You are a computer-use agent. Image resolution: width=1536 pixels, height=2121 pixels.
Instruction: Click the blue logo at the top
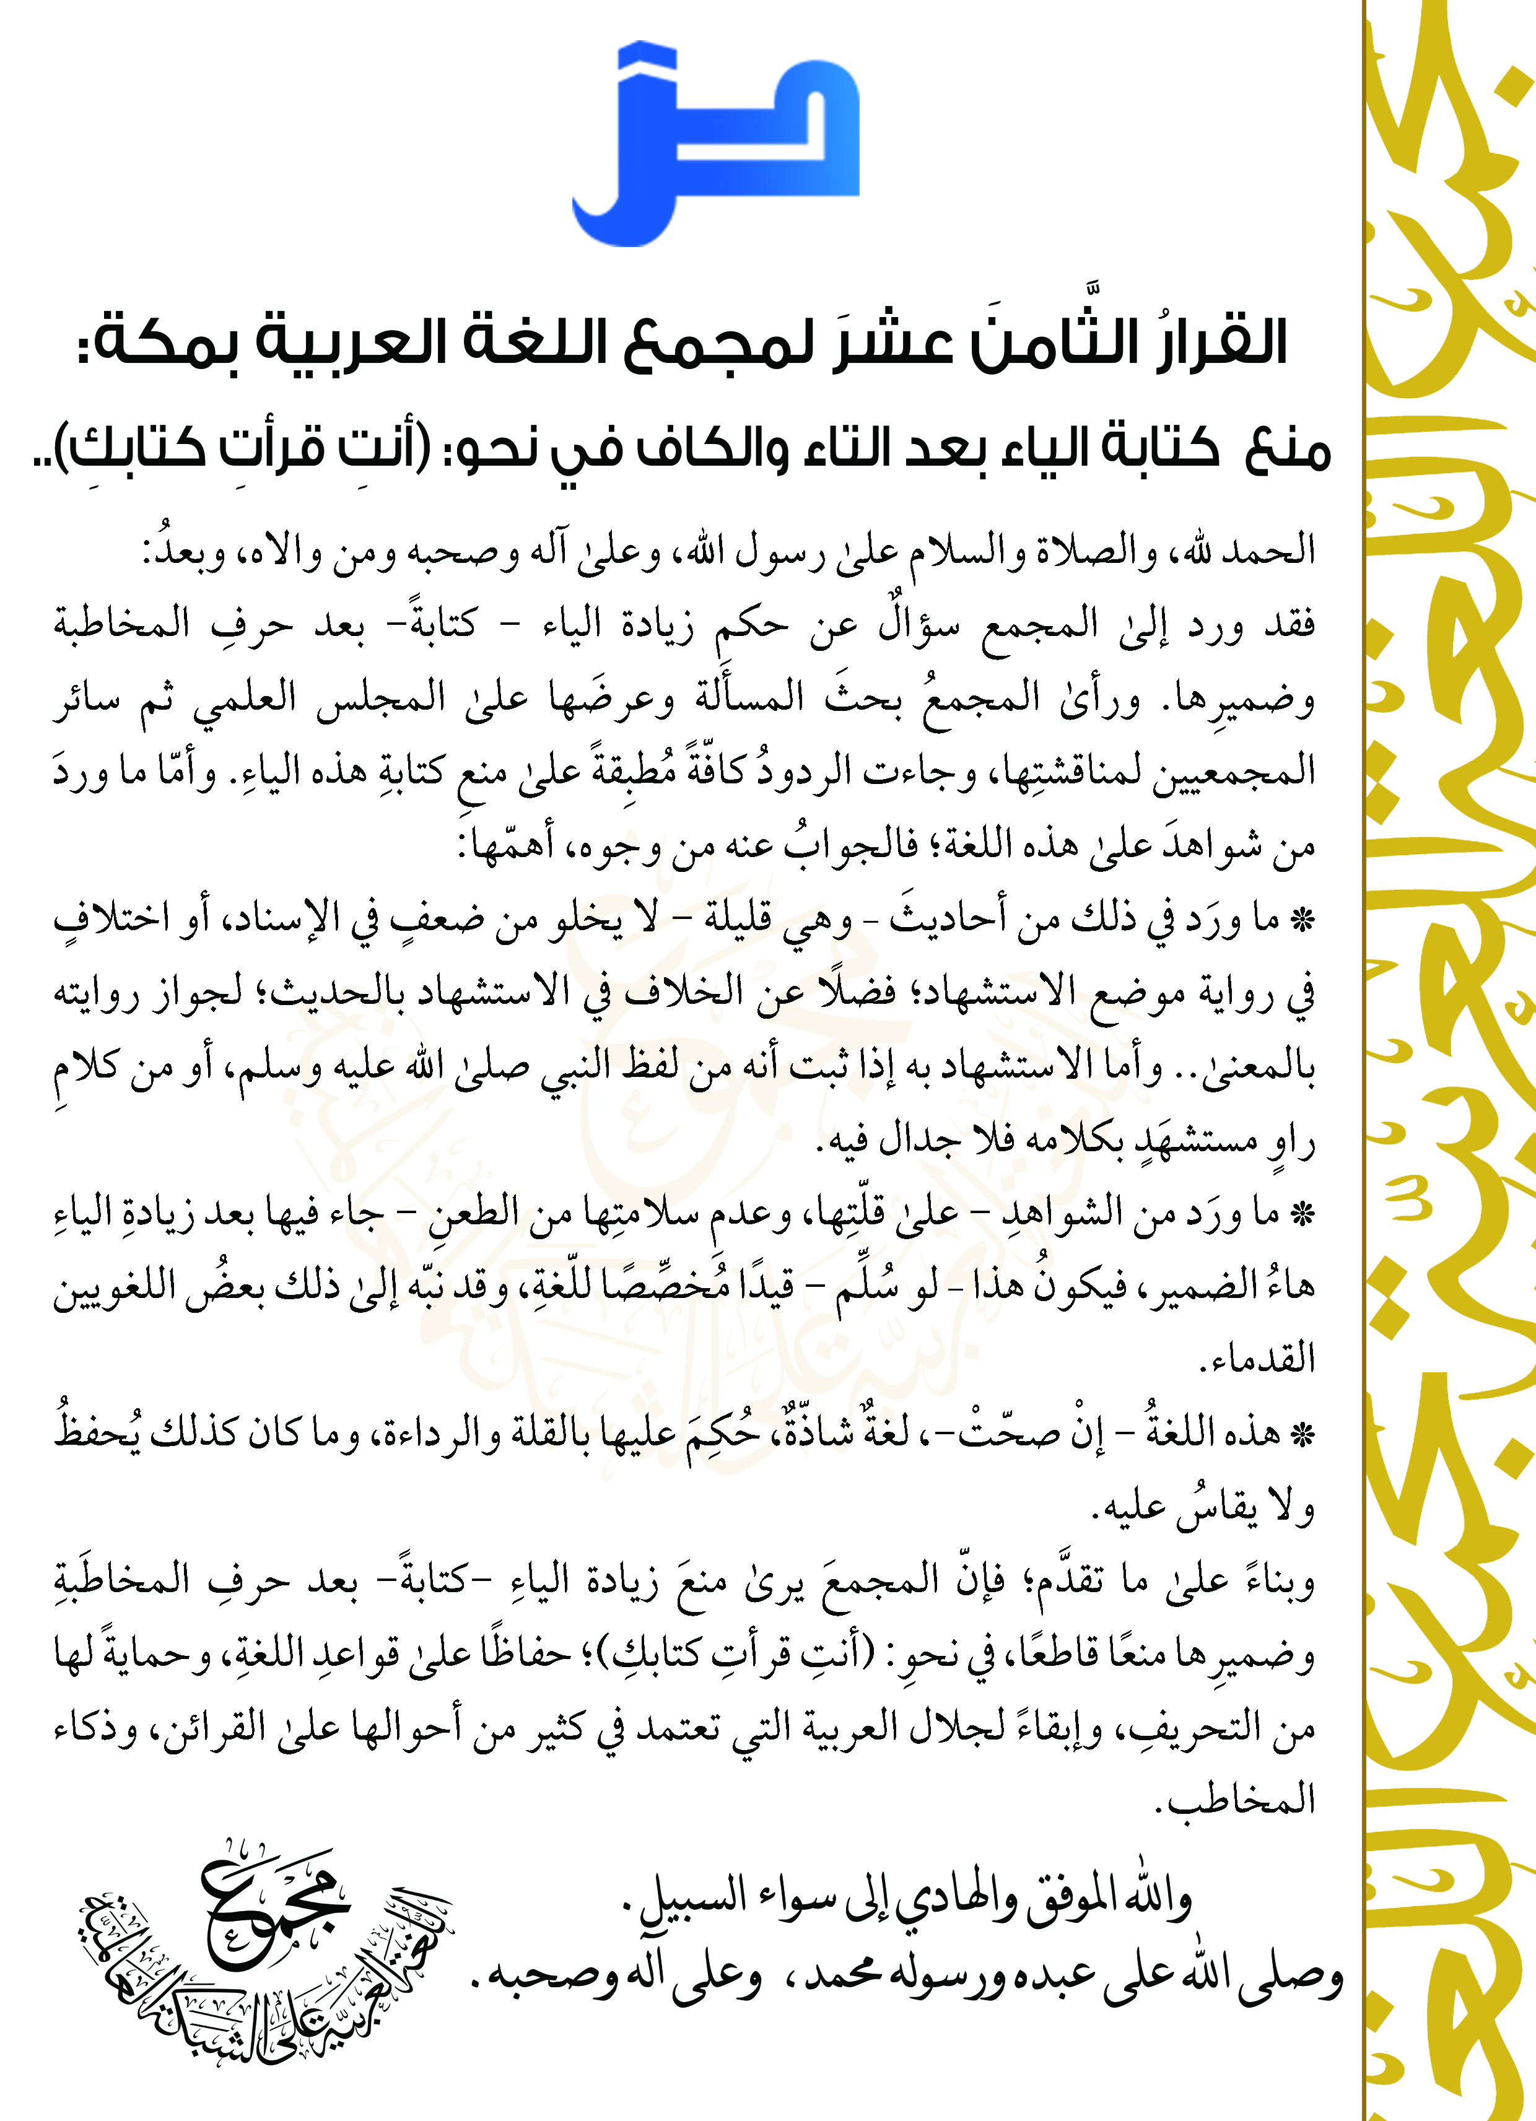click(x=715, y=145)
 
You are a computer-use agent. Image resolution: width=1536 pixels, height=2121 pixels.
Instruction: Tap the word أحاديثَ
click(x=945, y=920)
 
